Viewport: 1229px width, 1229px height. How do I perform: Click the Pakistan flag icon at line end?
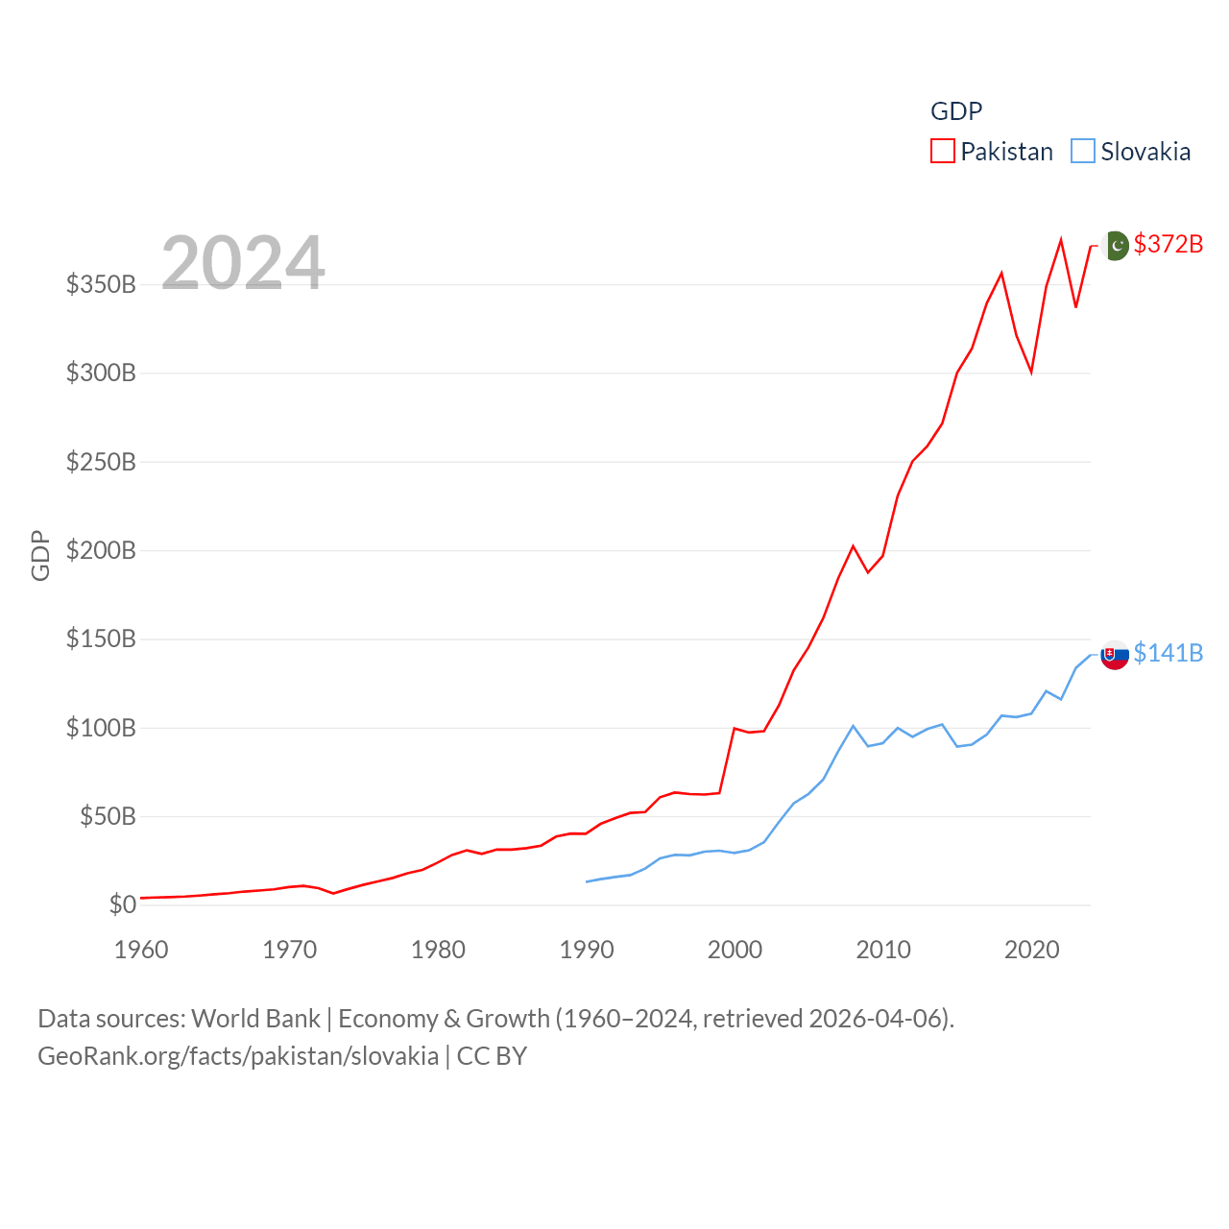click(1115, 246)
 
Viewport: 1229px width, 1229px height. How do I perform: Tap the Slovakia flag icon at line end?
click(1114, 655)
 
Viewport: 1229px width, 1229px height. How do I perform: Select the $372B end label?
click(1168, 244)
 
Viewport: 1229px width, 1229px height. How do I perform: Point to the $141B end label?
click(1168, 653)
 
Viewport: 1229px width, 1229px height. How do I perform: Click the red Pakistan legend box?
click(943, 152)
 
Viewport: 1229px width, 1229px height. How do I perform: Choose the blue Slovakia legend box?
click(1083, 152)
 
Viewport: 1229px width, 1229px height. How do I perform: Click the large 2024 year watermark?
click(243, 263)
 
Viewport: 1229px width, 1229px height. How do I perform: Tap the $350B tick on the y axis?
click(101, 284)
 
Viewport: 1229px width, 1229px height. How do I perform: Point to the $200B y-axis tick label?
click(101, 550)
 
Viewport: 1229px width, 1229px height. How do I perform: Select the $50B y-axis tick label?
click(108, 816)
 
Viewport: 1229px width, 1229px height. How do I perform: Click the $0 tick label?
click(122, 904)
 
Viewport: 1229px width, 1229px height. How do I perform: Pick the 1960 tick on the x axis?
click(141, 950)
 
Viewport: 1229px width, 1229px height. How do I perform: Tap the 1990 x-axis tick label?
click(587, 950)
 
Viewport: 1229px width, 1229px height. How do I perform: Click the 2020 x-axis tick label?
click(1032, 950)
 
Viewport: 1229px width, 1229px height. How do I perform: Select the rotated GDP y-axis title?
click(40, 555)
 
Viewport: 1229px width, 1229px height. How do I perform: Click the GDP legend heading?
click(956, 111)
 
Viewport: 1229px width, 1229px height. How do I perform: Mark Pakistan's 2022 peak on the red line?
click(1061, 240)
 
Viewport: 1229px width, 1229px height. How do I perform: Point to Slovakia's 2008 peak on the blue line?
click(853, 726)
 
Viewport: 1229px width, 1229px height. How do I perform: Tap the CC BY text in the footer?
click(492, 1056)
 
